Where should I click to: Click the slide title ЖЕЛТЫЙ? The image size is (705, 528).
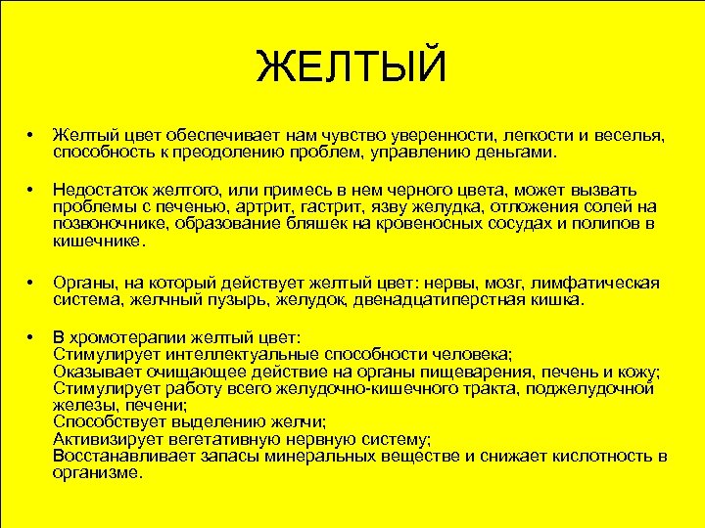[x=352, y=67]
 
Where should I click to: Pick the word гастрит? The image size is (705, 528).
[x=350, y=206]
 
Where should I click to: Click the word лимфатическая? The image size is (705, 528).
[x=599, y=283]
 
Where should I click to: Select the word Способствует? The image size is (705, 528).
[x=111, y=422]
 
